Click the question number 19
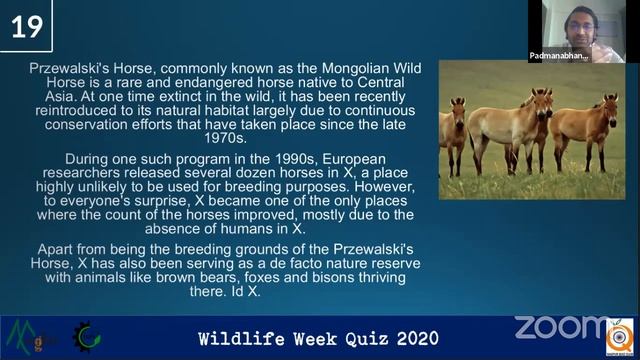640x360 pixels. pos(27,26)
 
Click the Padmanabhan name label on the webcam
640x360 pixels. pos(558,55)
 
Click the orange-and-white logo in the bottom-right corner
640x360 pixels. pos(620,337)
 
